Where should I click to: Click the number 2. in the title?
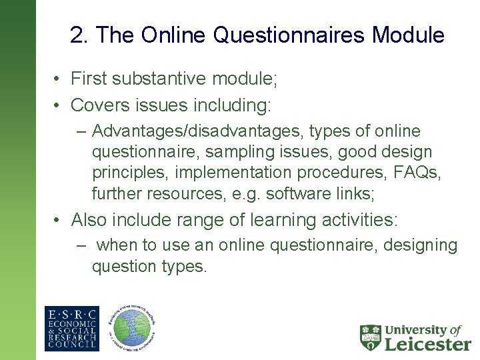[78, 35]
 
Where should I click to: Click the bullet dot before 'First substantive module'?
[59, 80]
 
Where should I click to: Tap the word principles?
[131, 173]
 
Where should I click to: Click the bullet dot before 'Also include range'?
[59, 220]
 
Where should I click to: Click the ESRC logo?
[71, 329]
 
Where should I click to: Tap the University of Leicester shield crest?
[370, 337]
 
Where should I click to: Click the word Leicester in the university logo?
[427, 343]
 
